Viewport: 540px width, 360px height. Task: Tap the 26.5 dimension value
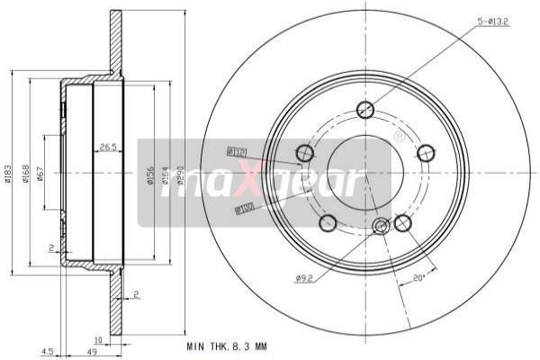tap(109, 146)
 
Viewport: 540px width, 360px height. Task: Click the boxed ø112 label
tap(237, 151)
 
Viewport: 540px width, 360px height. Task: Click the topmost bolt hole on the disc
tap(365, 111)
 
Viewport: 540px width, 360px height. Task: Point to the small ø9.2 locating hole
tap(381, 226)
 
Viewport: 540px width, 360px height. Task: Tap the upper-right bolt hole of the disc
tap(425, 153)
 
